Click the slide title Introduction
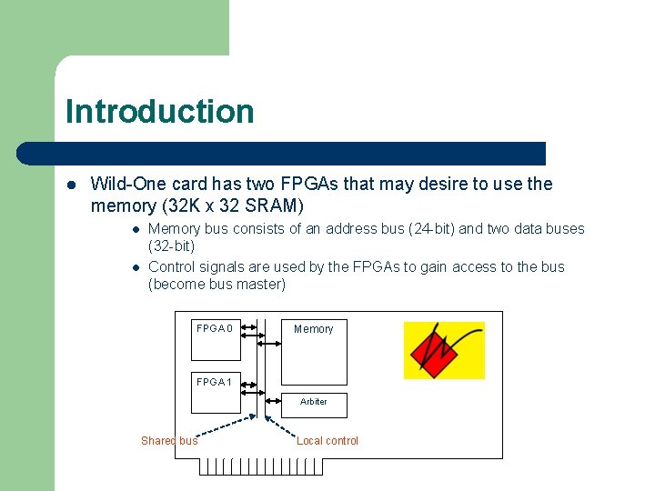click(159, 112)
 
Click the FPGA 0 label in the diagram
click(215, 328)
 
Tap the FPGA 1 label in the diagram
click(215, 382)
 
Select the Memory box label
click(313, 329)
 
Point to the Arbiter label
click(313, 401)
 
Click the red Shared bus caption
click(169, 441)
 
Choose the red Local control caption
click(327, 441)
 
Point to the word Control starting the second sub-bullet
click(173, 267)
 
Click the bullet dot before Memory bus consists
click(133, 229)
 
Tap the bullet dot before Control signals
click(133, 267)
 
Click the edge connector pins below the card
click(261, 466)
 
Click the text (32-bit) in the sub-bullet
click(172, 246)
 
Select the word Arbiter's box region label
click(313, 401)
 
